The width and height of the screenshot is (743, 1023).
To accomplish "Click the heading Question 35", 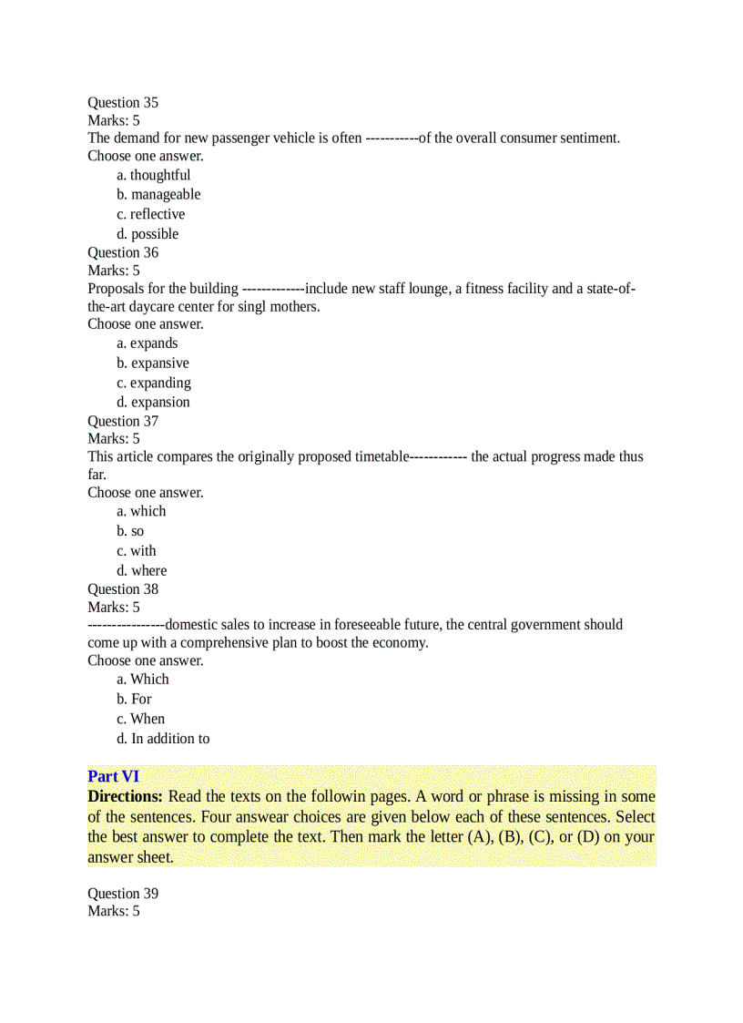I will pyautogui.click(x=123, y=103).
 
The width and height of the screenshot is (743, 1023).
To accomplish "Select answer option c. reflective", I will pyautogui.click(x=150, y=214).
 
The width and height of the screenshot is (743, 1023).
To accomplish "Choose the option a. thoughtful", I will pyautogui.click(x=153, y=175).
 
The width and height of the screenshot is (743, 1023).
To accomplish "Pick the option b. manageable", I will pyautogui.click(x=158, y=194).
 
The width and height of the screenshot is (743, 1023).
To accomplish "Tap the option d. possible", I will pyautogui.click(x=148, y=234).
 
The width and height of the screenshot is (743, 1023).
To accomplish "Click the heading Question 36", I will pyautogui.click(x=123, y=252).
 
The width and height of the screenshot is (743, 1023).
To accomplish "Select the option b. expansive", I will pyautogui.click(x=152, y=363).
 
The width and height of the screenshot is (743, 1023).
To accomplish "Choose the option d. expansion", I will pyautogui.click(x=153, y=402).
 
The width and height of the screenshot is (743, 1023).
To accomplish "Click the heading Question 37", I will pyautogui.click(x=123, y=421).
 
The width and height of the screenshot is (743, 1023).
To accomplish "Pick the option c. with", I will pyautogui.click(x=136, y=551).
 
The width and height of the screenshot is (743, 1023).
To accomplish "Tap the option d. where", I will pyautogui.click(x=141, y=571).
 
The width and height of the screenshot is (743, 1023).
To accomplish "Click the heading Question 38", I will pyautogui.click(x=123, y=588).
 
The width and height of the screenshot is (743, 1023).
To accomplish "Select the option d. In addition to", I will pyautogui.click(x=163, y=739).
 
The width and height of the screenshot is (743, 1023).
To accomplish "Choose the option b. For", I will pyautogui.click(x=134, y=699).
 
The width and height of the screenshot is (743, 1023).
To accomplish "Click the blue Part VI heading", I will pyautogui.click(x=113, y=776).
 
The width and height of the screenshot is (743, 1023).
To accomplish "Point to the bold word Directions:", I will pyautogui.click(x=125, y=796).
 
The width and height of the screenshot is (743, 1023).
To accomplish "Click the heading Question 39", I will pyautogui.click(x=123, y=894).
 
